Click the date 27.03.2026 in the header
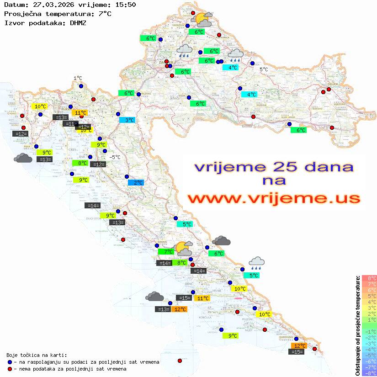(48, 5)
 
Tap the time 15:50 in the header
(125, 5)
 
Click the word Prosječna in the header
(22, 14)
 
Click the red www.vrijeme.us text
(273, 198)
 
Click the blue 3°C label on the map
(127, 120)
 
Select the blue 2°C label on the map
(136, 183)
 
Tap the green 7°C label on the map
(166, 251)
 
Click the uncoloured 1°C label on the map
(78, 78)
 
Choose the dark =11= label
(70, 124)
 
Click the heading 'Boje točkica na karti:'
(37, 355)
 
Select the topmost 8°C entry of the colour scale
(369, 278)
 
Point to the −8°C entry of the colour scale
(369, 373)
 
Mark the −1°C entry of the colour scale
(369, 331)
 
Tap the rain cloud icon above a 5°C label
(257, 262)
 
